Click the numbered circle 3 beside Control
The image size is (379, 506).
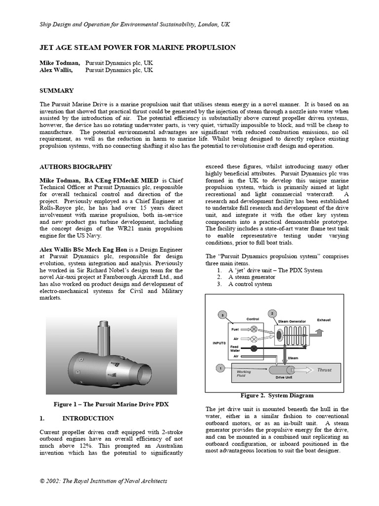tap(223, 315)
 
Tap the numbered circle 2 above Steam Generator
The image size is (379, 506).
tap(271, 313)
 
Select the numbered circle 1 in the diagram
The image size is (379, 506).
tap(220, 367)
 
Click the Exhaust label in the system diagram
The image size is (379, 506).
tap(324, 320)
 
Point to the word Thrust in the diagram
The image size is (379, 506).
tap(324, 370)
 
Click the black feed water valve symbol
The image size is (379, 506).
tap(254, 348)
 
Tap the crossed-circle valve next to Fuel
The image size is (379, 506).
tap(254, 329)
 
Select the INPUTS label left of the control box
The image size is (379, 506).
tap(220, 342)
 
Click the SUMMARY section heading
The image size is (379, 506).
tap(56, 90)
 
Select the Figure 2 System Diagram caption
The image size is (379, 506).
tap(277, 395)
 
